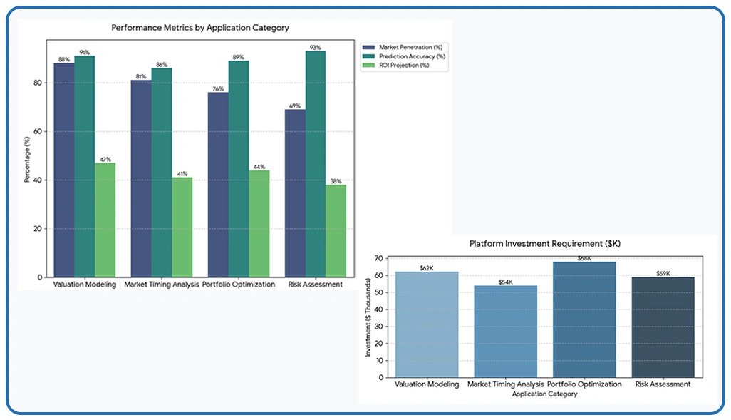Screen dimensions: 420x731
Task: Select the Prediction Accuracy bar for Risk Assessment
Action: [316, 164]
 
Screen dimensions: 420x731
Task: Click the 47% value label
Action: [105, 159]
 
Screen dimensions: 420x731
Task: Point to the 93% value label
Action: [316, 47]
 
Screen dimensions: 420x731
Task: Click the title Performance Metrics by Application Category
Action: [200, 28]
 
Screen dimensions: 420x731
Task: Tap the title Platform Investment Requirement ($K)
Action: [545, 243]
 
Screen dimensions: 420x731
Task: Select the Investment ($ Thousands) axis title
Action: [369, 319]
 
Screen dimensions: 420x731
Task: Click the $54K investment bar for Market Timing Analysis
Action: [505, 332]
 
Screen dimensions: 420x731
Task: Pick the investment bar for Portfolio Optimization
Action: [584, 319]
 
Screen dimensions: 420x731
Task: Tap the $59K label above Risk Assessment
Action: [663, 273]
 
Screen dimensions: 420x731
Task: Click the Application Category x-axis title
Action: [545, 394]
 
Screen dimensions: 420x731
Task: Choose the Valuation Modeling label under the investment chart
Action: [426, 384]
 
